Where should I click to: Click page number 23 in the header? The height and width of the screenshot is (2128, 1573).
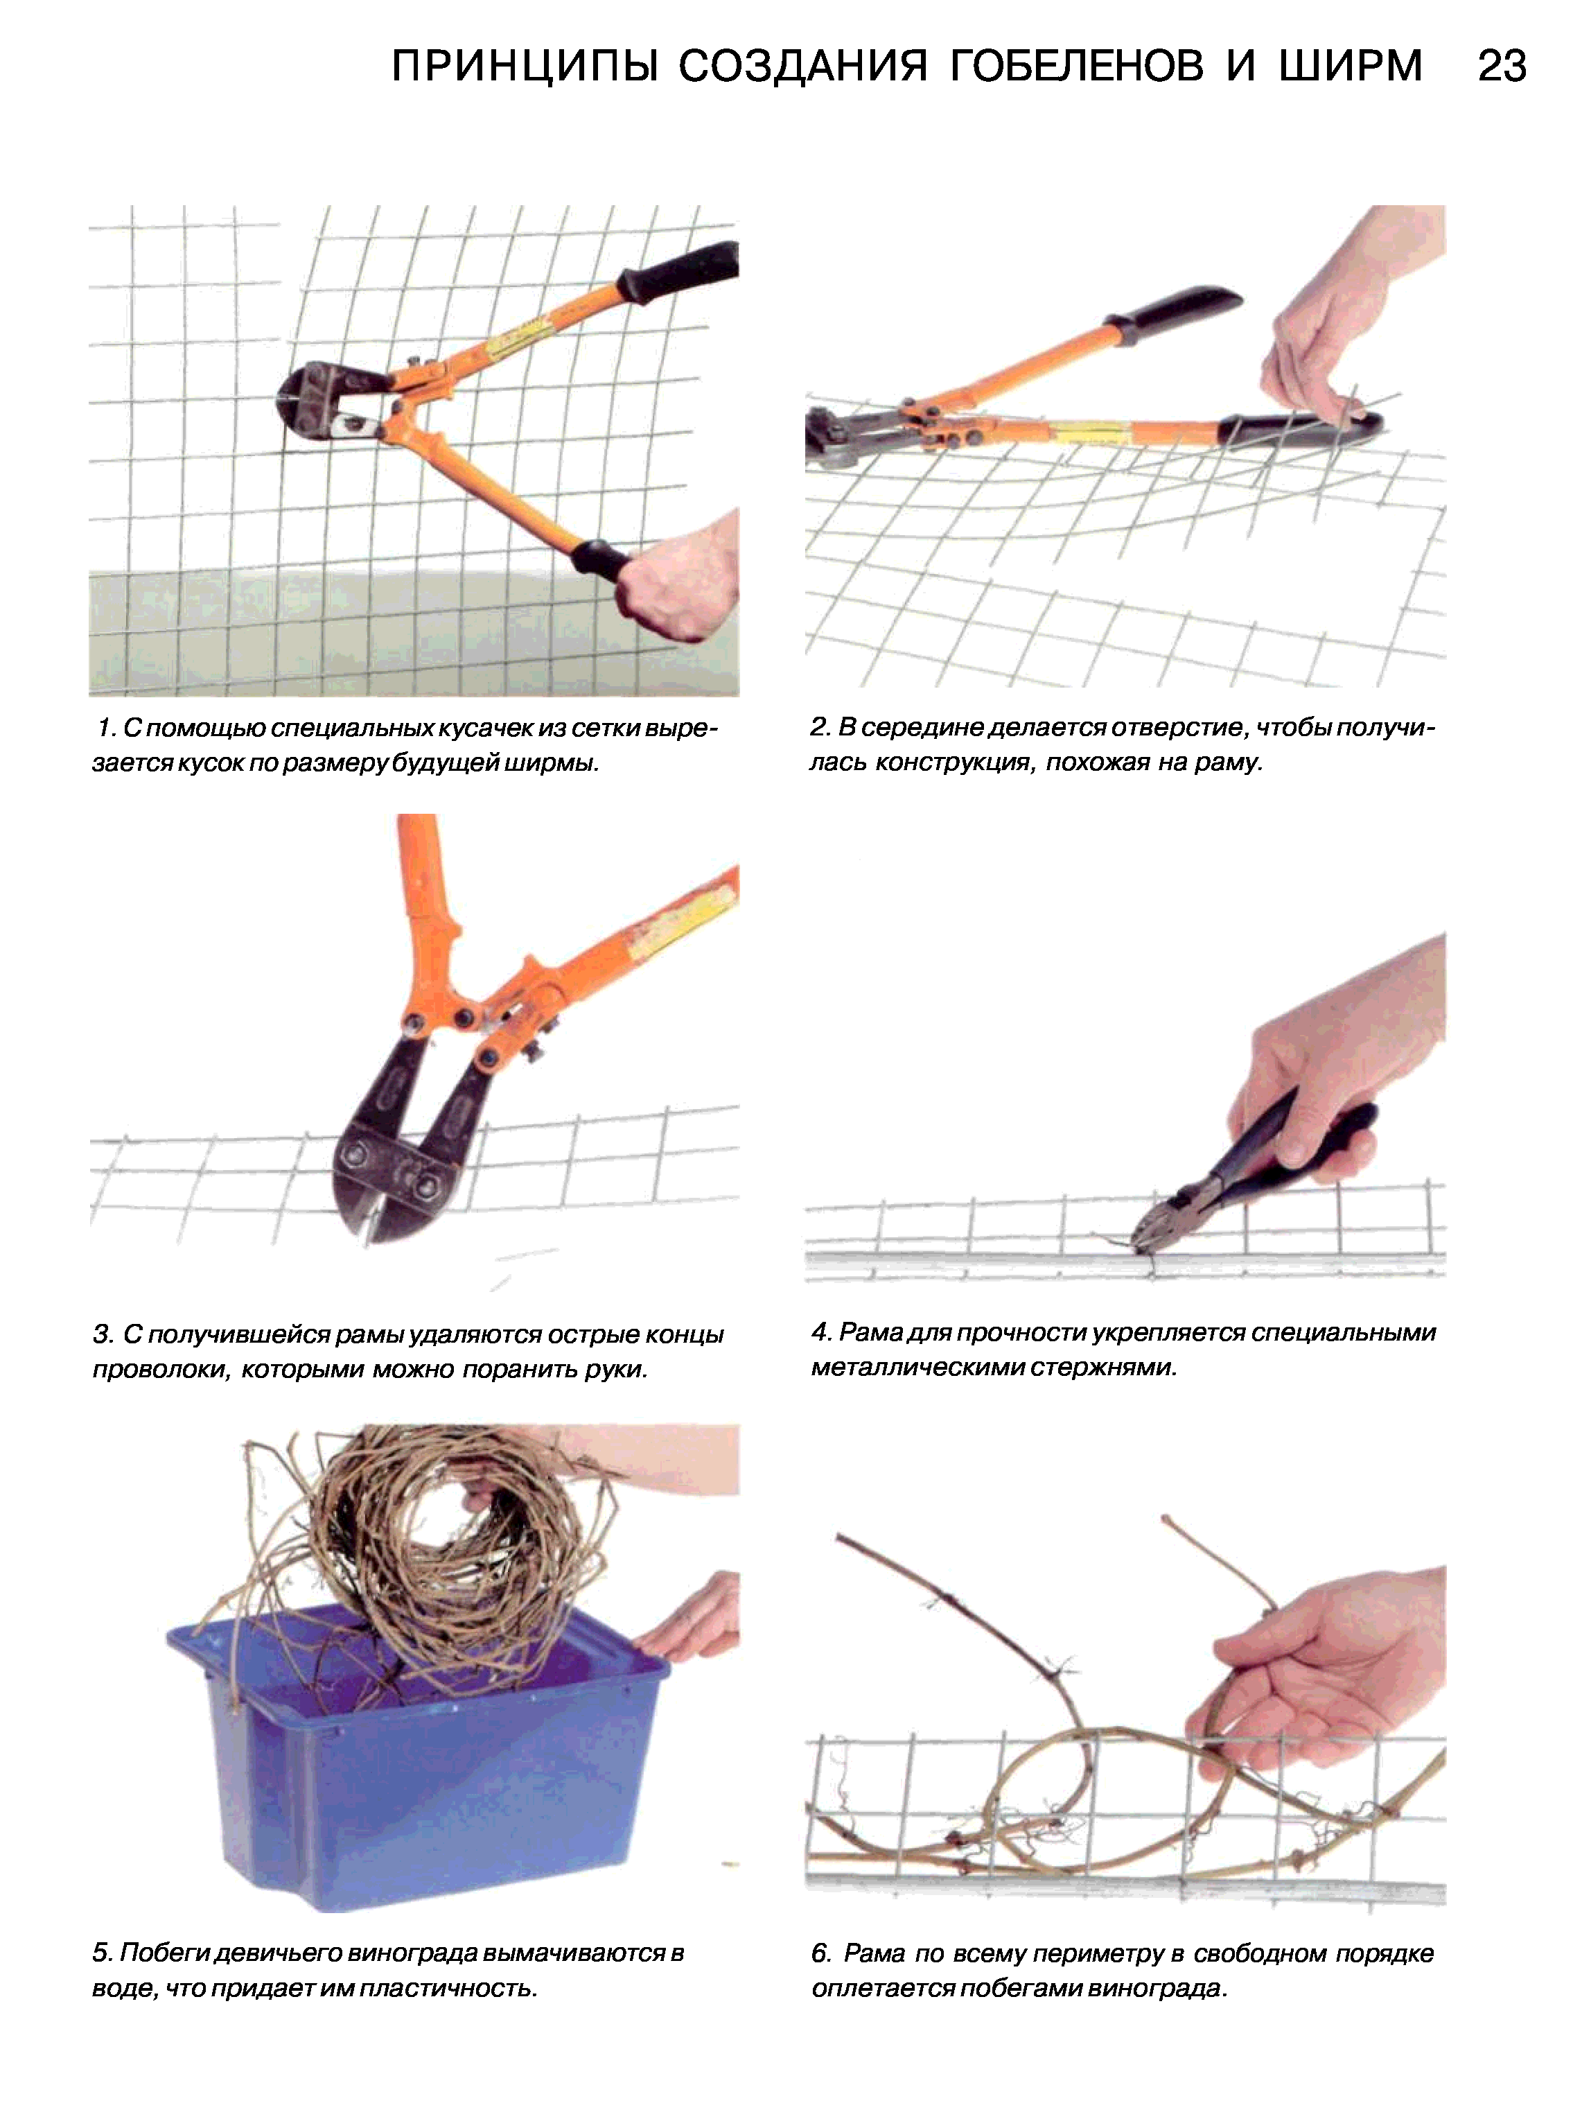point(1502,67)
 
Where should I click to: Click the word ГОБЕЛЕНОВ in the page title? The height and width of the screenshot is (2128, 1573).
point(1078,67)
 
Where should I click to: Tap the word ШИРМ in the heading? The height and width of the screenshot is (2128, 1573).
point(1350,67)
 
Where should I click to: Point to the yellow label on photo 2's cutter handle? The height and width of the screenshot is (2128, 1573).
point(1092,433)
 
